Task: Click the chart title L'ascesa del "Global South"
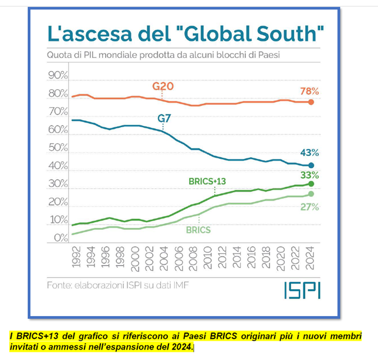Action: pyautogui.click(x=185, y=33)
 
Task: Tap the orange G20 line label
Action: pyautogui.click(x=163, y=87)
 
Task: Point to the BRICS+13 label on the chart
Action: pyautogui.click(x=207, y=182)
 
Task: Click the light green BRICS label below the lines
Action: pyautogui.click(x=199, y=230)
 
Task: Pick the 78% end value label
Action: pyautogui.click(x=309, y=91)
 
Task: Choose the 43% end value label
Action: pyautogui.click(x=309, y=153)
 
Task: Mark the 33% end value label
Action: pyautogui.click(x=309, y=175)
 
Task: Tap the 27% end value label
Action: pyautogui.click(x=309, y=206)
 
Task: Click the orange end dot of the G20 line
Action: pyautogui.click(x=311, y=102)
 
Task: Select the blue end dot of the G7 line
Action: pyautogui.click(x=311, y=166)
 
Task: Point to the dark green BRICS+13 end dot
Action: pyautogui.click(x=311, y=184)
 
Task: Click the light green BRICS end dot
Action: pyautogui.click(x=311, y=194)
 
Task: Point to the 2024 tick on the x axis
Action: pyautogui.click(x=311, y=257)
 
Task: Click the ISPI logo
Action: pyautogui.click(x=302, y=290)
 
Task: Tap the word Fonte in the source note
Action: pyautogui.click(x=60, y=286)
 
